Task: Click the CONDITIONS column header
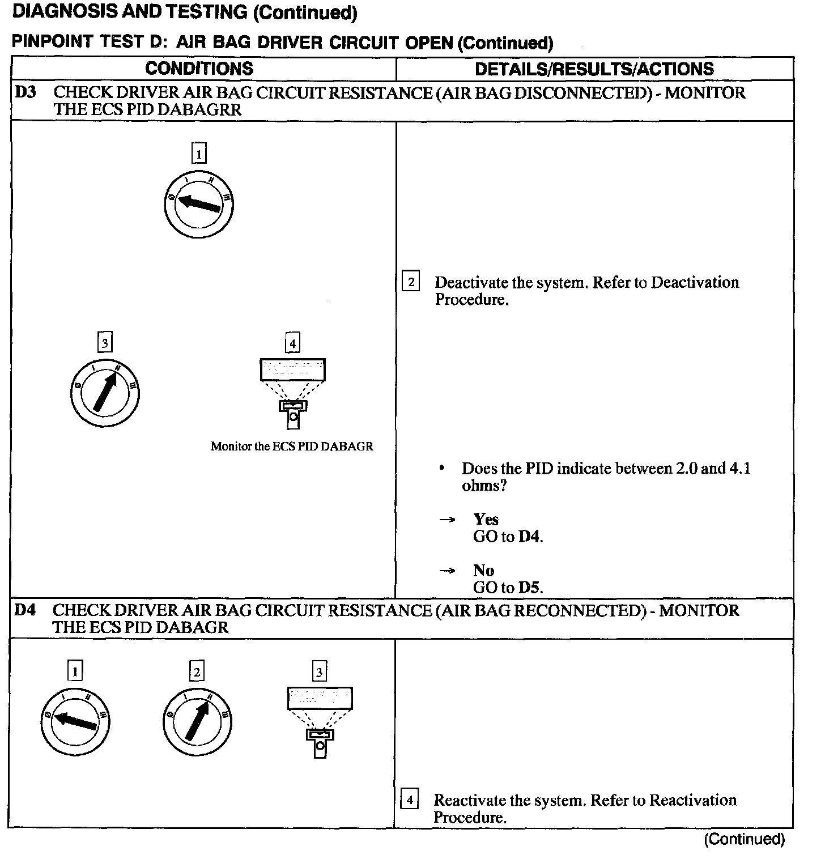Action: (x=199, y=69)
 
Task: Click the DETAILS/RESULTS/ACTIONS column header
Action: (x=594, y=69)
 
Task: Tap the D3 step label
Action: (x=25, y=92)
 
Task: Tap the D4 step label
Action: (x=25, y=610)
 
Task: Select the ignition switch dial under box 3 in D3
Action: (x=104, y=392)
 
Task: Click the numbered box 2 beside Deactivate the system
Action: (x=410, y=282)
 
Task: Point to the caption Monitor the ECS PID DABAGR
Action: (x=292, y=446)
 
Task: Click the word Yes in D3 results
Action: (x=486, y=519)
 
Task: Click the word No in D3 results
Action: (x=483, y=570)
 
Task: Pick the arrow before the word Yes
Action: (x=448, y=520)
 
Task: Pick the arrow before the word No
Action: (x=448, y=571)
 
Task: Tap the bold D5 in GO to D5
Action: (x=529, y=588)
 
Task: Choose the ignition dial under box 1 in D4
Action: (x=75, y=721)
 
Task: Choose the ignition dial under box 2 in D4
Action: (x=197, y=721)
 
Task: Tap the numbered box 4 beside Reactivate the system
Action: (x=409, y=800)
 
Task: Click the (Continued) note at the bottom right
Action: (x=744, y=839)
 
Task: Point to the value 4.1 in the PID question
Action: (x=741, y=469)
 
